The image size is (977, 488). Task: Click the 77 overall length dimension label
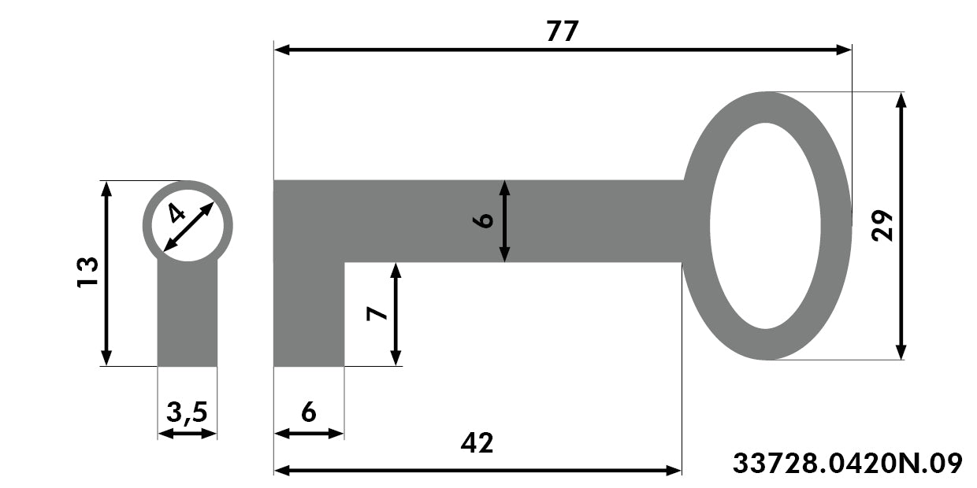point(563,31)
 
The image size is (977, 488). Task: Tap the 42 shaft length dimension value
point(477,443)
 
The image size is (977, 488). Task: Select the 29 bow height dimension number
point(882,225)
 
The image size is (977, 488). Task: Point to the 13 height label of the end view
point(87,272)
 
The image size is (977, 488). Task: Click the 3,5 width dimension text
point(187,412)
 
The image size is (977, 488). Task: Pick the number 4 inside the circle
point(176,213)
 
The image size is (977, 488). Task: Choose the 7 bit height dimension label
point(377,313)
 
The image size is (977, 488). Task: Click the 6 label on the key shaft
point(483,221)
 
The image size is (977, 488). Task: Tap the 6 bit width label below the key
point(309,412)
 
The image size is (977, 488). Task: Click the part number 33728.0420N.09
point(848,463)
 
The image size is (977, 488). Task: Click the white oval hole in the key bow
point(765,226)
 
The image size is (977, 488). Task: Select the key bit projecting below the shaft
point(309,314)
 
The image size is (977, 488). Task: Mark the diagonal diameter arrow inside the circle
point(188,227)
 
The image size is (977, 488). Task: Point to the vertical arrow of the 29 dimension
point(901,226)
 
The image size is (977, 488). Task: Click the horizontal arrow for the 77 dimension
point(563,50)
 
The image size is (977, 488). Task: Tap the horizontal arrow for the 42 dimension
point(477,471)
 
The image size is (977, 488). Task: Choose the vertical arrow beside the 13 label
point(106,274)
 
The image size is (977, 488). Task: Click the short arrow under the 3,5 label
point(187,434)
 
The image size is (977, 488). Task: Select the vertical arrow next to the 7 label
point(396,314)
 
